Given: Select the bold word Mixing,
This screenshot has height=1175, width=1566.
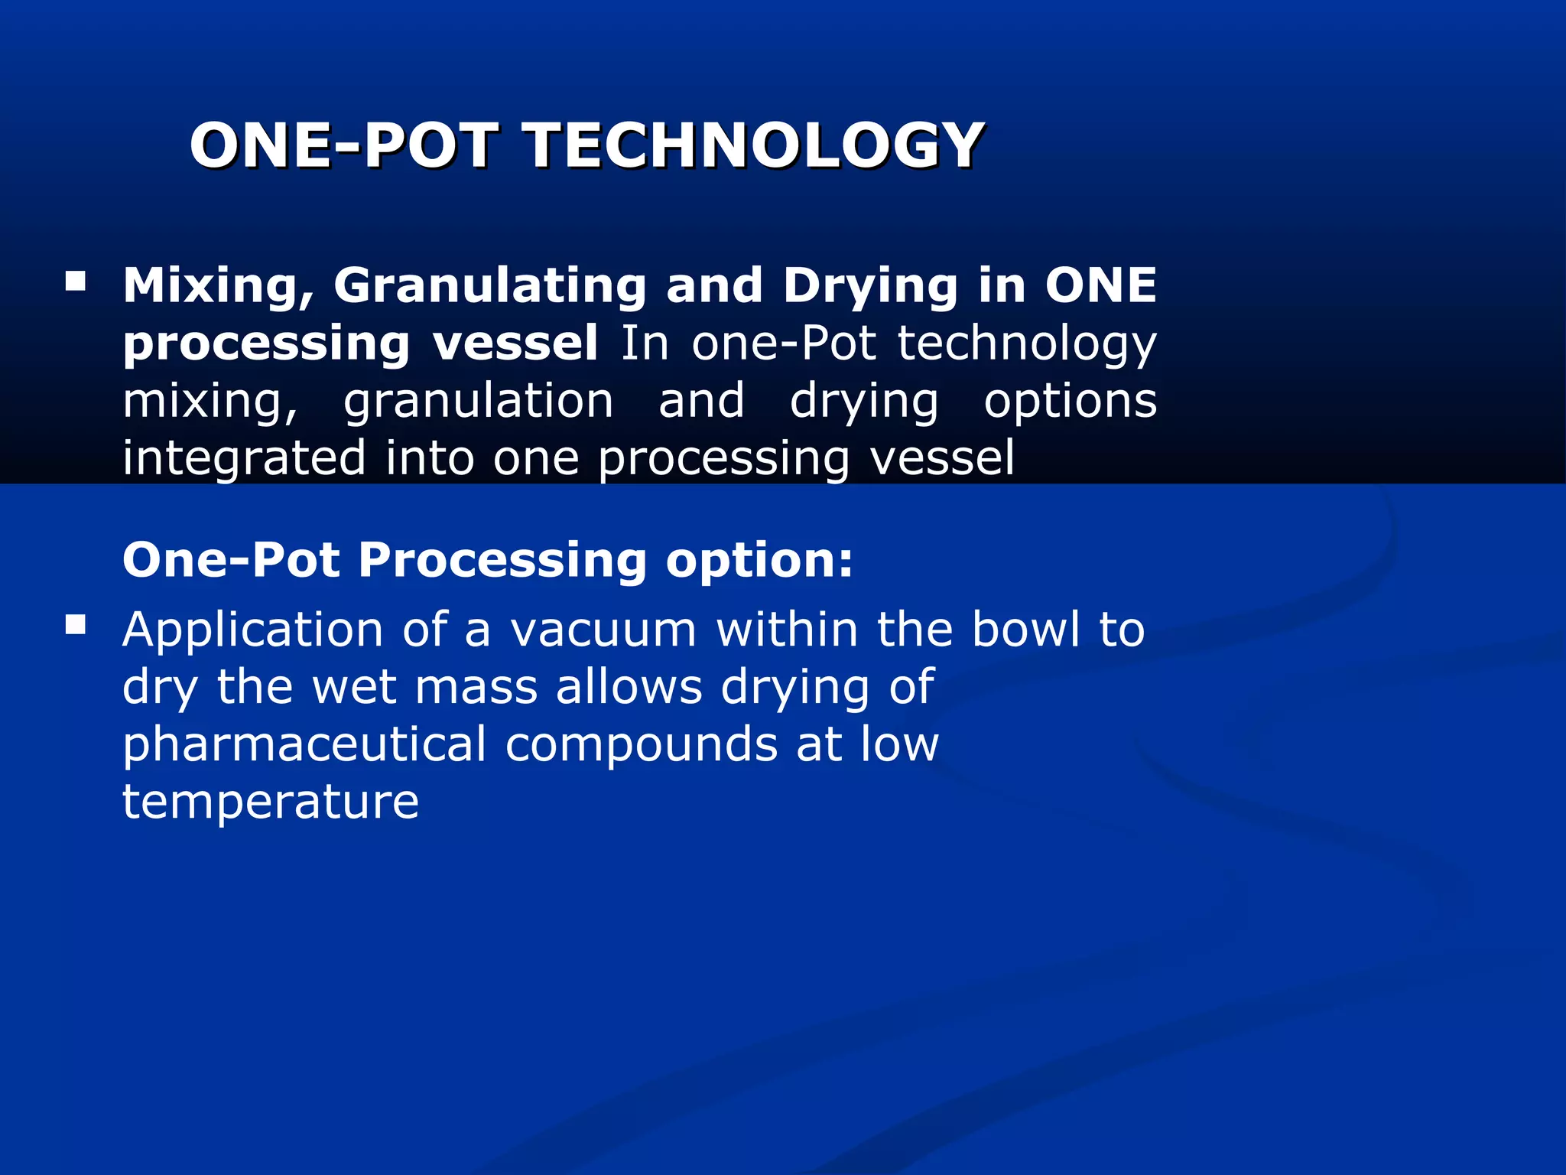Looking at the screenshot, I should (x=219, y=286).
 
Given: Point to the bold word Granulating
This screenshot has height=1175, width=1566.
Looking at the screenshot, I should (x=490, y=286).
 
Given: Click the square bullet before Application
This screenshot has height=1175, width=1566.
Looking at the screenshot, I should (x=76, y=626).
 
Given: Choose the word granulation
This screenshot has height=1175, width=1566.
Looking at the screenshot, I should (x=478, y=401).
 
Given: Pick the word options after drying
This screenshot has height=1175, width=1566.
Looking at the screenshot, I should (x=1070, y=401).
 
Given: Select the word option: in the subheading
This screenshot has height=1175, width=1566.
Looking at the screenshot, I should (x=759, y=560).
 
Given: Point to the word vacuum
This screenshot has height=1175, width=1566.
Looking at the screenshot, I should (x=603, y=630).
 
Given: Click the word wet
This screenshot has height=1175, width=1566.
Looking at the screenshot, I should (x=354, y=687).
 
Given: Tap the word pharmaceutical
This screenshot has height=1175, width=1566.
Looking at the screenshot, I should (x=304, y=744).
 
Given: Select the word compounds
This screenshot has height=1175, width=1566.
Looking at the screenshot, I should (x=641, y=744).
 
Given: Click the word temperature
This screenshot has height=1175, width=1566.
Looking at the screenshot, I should (x=271, y=802).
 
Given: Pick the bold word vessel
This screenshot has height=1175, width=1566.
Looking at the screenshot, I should (x=515, y=343).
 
